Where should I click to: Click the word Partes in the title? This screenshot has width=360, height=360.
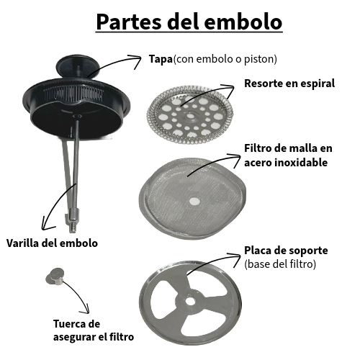tap(129, 22)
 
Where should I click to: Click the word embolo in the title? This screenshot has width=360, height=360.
tap(243, 22)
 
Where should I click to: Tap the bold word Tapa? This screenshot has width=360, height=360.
tap(161, 59)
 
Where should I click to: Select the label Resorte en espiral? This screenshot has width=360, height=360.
tap(289, 84)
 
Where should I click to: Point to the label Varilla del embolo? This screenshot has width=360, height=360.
tap(52, 243)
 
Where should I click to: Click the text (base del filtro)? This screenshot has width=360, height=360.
tap(280, 264)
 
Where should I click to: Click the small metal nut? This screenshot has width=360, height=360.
tap(55, 276)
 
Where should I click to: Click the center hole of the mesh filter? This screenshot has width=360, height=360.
tap(194, 201)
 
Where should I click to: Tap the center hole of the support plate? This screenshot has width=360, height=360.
tap(190, 302)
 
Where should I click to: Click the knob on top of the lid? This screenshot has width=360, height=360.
tap(77, 66)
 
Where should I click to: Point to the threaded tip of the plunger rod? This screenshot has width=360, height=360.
tap(73, 228)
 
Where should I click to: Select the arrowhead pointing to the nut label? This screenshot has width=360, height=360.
tap(85, 310)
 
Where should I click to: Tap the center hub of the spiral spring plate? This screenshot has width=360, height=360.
tap(190, 116)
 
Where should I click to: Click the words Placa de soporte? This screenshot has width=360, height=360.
tap(286, 251)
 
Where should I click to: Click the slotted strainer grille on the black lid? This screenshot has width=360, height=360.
tap(73, 94)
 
